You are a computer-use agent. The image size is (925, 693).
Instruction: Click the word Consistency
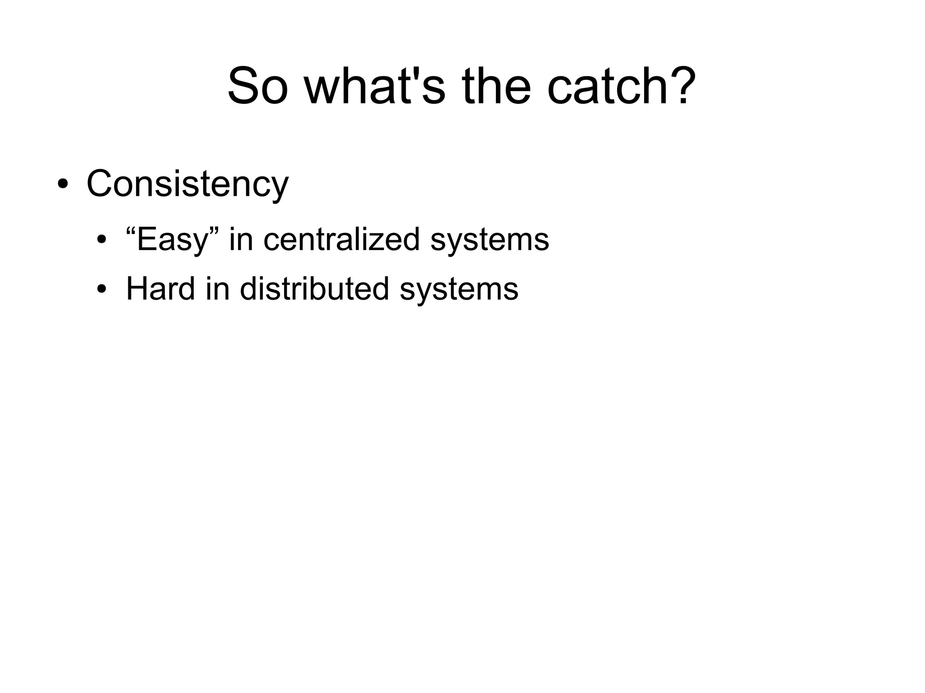(x=187, y=184)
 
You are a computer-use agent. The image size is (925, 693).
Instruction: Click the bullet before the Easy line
(x=101, y=240)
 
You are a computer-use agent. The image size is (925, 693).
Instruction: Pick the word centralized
(x=341, y=240)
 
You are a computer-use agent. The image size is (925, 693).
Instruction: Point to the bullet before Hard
(x=101, y=289)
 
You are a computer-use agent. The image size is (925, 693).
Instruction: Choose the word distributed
(x=314, y=289)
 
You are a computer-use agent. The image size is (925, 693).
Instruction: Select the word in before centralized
(x=241, y=240)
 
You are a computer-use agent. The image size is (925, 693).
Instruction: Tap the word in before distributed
(x=217, y=289)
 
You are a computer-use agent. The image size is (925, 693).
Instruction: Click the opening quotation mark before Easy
(x=131, y=231)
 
